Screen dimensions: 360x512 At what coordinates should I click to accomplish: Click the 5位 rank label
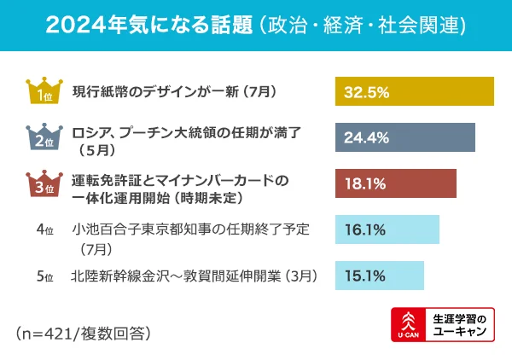point(45,276)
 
